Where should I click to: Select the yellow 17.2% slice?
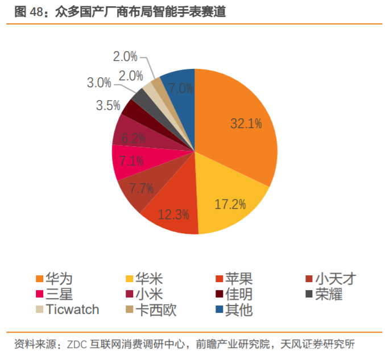tap(230, 202)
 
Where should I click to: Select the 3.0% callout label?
tap(99, 82)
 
